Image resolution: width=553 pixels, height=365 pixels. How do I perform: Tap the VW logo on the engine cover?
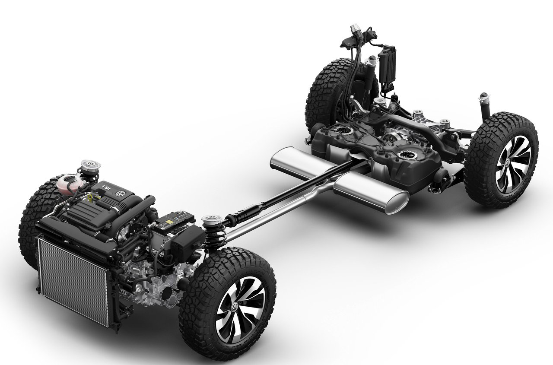[121, 194]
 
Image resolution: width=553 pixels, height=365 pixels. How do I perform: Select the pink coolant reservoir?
[69, 184]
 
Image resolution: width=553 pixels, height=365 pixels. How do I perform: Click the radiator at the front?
[73, 281]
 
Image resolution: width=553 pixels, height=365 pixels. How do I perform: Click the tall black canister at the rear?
[387, 67]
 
